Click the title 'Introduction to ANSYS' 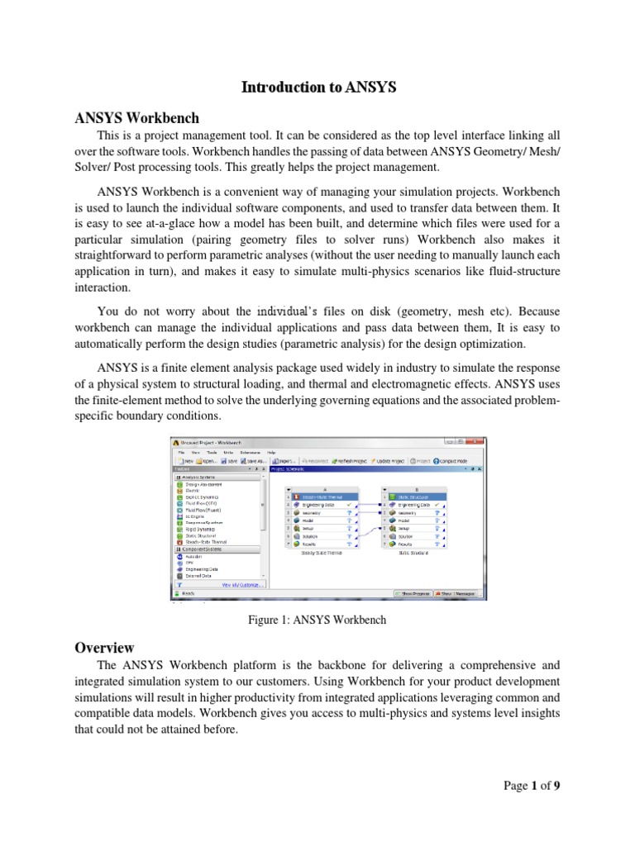(318, 88)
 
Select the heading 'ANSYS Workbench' (136, 118)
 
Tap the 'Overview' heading (104, 648)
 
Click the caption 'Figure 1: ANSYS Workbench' (317, 619)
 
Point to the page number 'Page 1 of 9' (532, 786)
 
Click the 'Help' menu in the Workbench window (271, 453)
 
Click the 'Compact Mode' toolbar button (453, 461)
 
